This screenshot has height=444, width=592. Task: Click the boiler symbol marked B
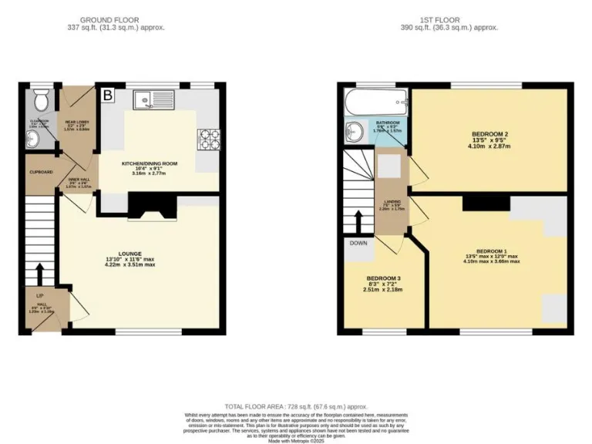[108, 96]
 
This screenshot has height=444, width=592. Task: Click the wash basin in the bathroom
[355, 129]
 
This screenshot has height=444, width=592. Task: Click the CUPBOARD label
[41, 171]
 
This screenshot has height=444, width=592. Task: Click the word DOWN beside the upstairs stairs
[358, 242]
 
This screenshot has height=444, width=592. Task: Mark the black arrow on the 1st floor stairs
[358, 220]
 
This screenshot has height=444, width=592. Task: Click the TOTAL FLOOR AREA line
[295, 405]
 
